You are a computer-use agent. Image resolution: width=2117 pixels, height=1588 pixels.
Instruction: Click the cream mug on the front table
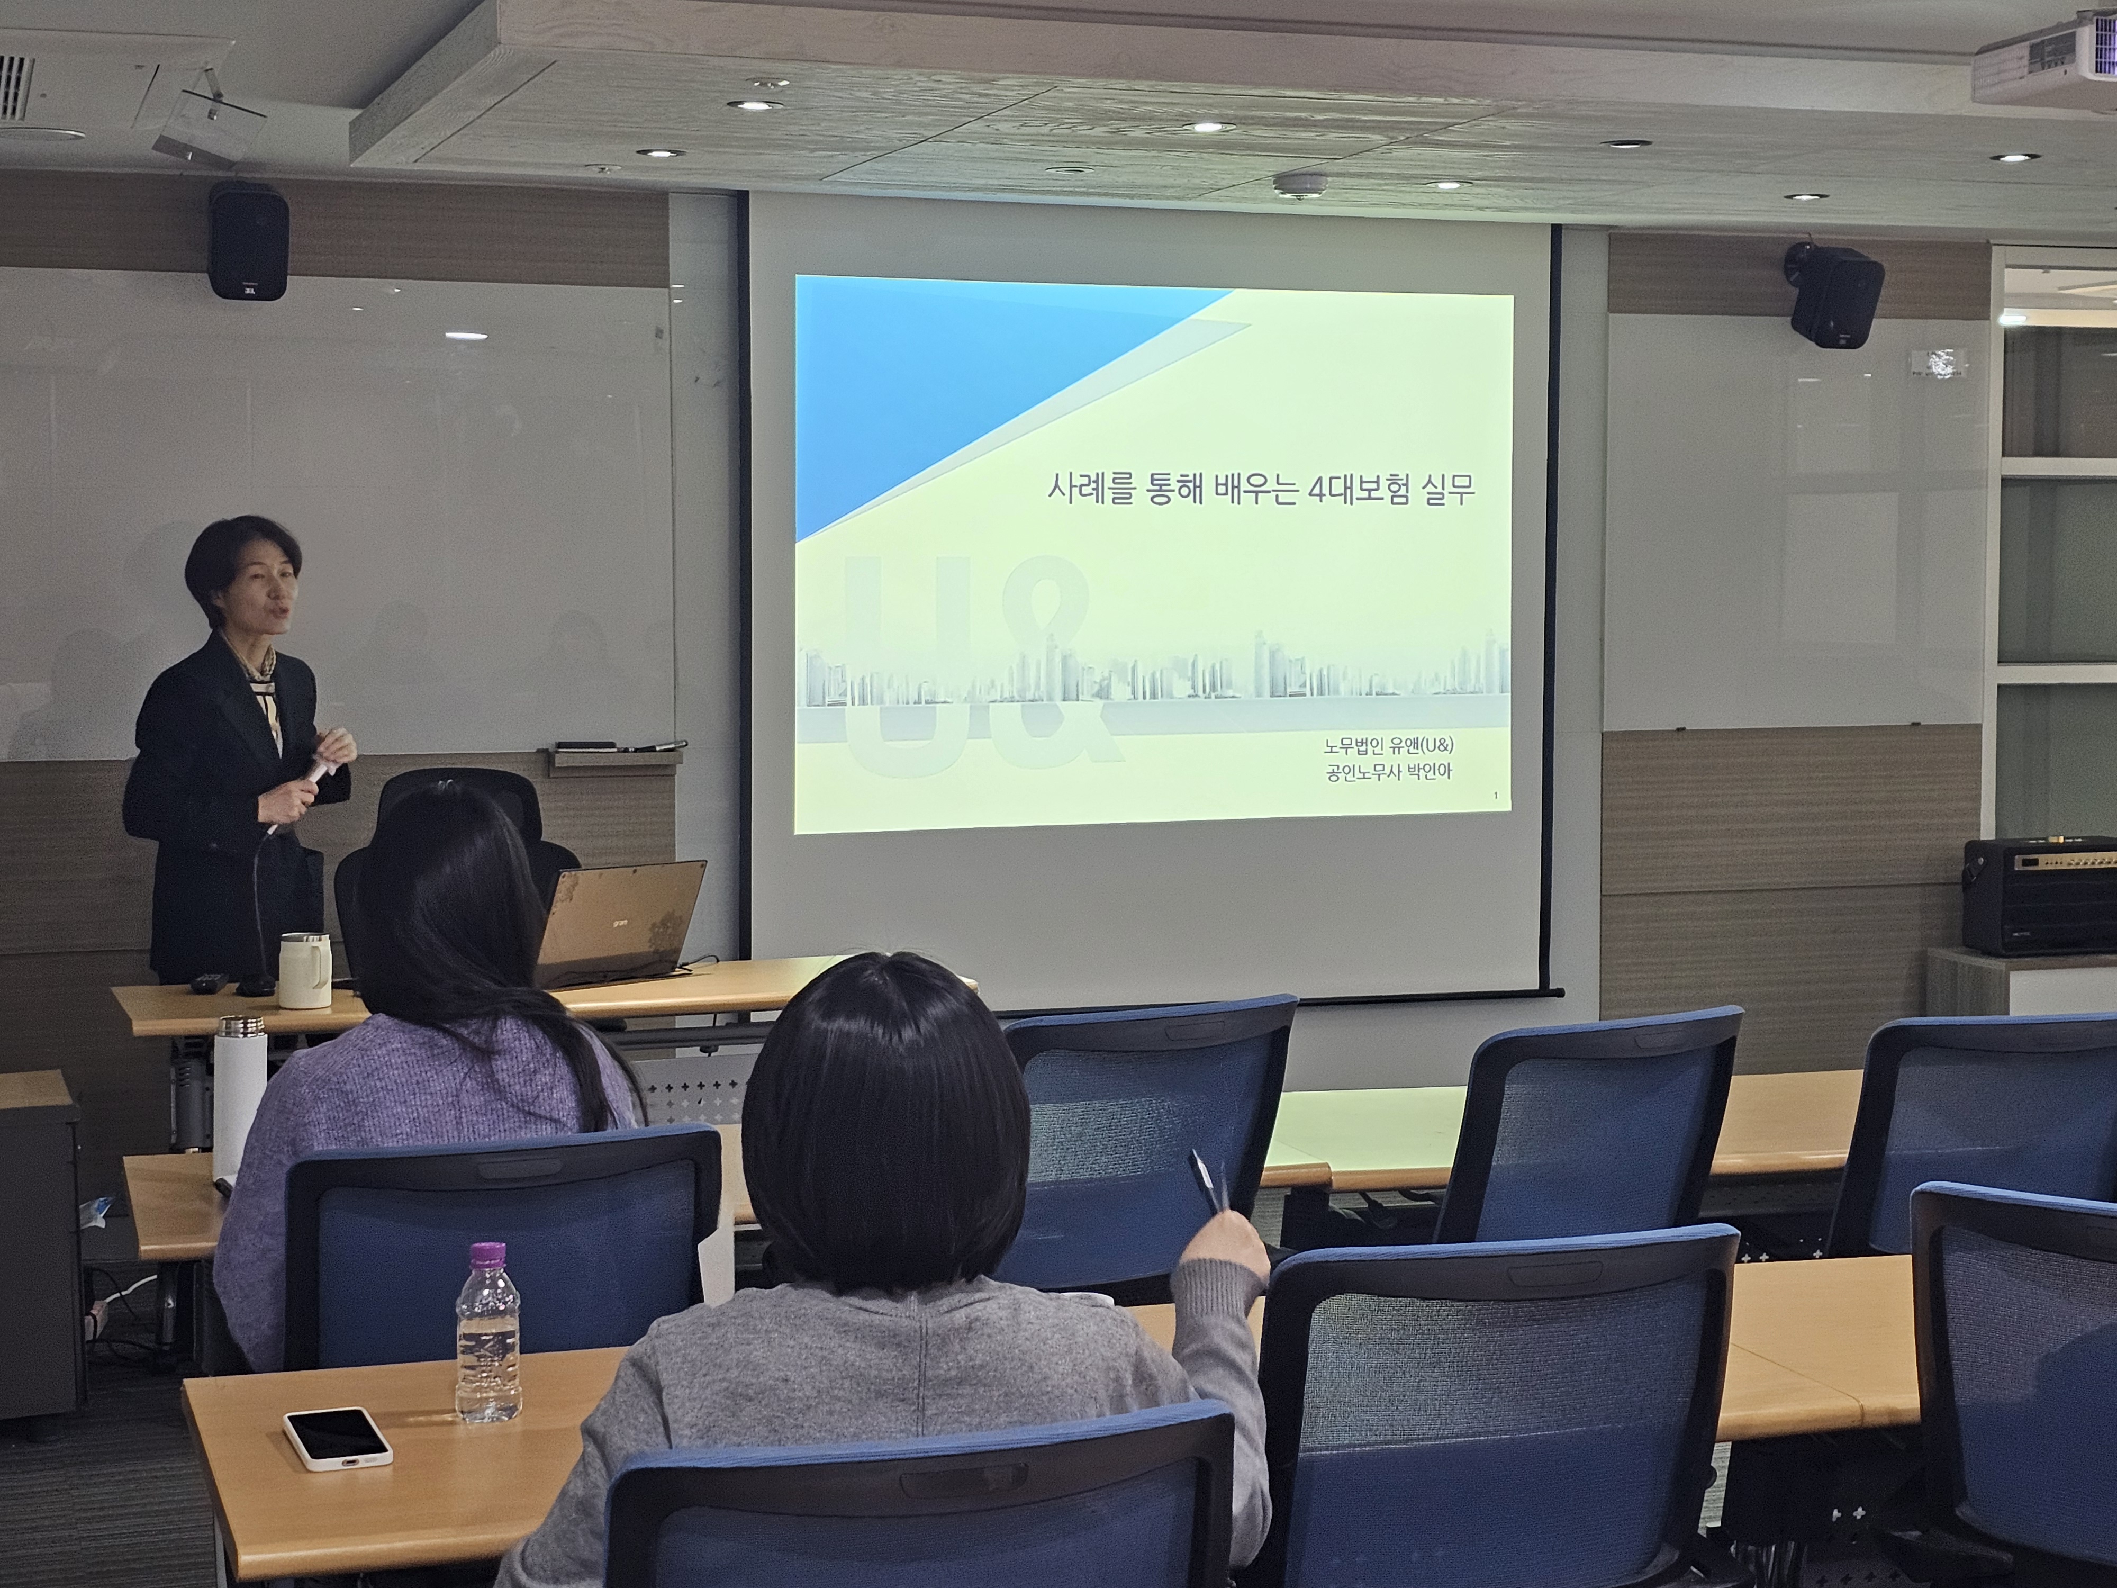(x=303, y=970)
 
